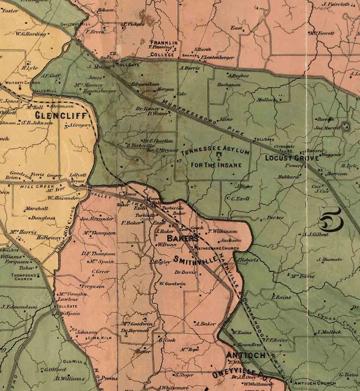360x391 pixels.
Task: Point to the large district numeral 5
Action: pyautogui.click(x=330, y=221)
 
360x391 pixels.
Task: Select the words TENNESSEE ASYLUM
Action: pyautogui.click(x=215, y=150)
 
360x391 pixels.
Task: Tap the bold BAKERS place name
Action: pyautogui.click(x=182, y=238)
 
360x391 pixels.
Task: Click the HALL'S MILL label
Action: pyautogui.click(x=45, y=91)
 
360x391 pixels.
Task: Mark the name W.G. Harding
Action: pyautogui.click(x=31, y=34)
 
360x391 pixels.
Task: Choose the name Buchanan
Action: pyautogui.click(x=229, y=84)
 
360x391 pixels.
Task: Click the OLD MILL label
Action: pyautogui.click(x=73, y=362)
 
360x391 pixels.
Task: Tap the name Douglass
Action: pyautogui.click(x=44, y=218)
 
